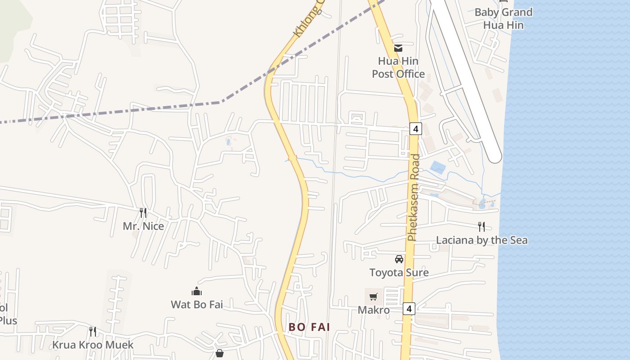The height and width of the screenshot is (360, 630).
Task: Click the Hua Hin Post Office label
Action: point(398,67)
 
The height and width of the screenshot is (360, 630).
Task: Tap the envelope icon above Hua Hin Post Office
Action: point(398,48)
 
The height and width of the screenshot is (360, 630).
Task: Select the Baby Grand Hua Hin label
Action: point(504,18)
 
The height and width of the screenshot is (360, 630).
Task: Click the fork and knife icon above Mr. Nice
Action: point(143,212)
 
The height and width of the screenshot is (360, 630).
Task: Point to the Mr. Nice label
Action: point(144,226)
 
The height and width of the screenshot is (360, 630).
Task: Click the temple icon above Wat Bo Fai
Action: point(197,291)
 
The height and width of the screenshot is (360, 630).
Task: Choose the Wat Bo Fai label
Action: point(197,305)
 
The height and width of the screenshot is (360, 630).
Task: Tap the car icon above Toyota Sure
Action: point(399,259)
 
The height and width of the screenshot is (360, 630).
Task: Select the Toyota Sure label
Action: point(399,272)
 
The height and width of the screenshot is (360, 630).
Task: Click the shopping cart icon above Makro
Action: point(373,297)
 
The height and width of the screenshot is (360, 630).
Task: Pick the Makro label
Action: point(373,310)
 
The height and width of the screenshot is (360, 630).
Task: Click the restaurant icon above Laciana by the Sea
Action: point(481,226)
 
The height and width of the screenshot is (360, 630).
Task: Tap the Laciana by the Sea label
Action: point(482,240)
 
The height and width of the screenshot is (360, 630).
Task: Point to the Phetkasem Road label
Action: point(413,198)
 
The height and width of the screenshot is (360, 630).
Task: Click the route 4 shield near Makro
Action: point(408,309)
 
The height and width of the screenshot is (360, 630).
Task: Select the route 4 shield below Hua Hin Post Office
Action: point(416,129)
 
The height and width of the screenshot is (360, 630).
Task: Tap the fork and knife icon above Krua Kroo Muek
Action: point(93,332)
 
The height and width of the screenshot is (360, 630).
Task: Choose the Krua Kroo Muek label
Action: point(93,345)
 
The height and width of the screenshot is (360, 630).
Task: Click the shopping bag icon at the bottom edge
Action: point(220,354)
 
